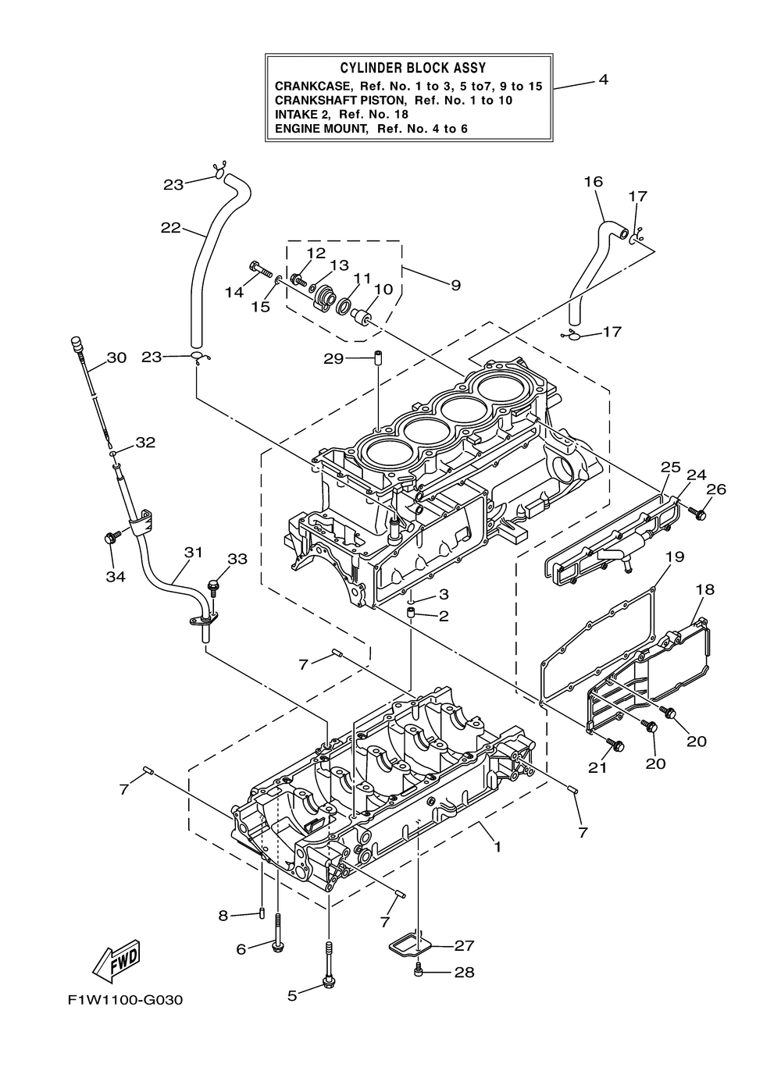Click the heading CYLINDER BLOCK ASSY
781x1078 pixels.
point(412,69)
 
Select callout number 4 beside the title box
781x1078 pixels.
point(603,80)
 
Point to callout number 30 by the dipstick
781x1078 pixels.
point(116,358)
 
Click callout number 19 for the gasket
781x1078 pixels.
point(674,557)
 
